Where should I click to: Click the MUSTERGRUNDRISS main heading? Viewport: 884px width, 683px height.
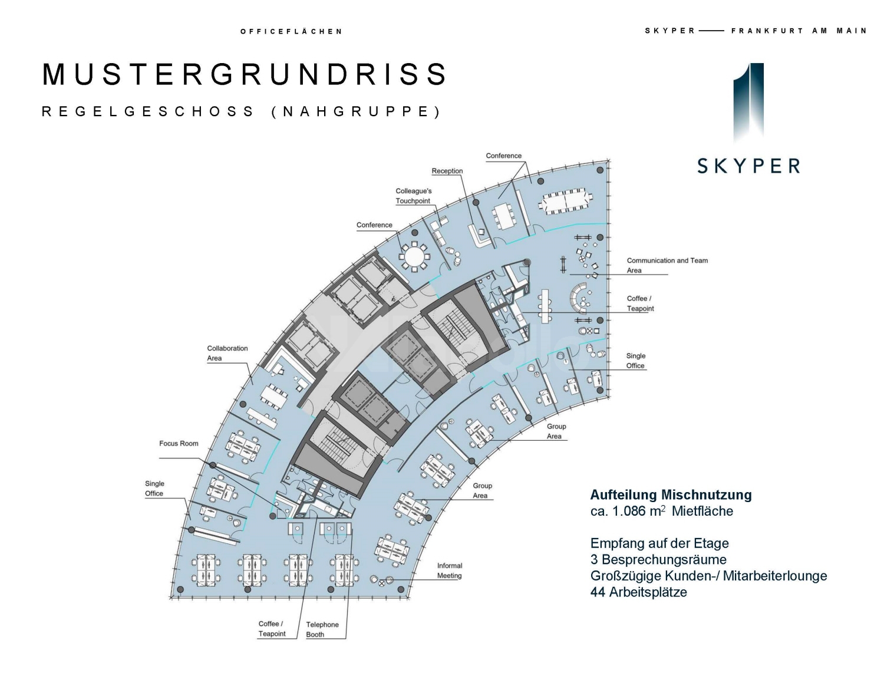245,74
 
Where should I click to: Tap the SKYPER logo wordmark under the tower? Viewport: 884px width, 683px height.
748,166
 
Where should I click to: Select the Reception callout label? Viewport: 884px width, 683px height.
447,171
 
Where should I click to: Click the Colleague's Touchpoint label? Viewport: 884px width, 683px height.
413,196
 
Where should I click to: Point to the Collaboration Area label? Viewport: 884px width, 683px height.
227,353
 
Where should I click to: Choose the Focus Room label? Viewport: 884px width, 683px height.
179,443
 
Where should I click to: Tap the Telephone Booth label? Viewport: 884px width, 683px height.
322,629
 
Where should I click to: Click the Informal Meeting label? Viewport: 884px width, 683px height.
449,570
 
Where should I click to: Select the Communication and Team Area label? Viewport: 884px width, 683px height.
667,265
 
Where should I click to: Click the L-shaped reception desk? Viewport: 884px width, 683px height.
479,237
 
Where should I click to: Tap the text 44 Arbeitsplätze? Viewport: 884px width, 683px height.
638,592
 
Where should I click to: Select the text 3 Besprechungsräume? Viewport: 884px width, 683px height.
658,559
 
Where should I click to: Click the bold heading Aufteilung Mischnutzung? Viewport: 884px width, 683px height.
671,494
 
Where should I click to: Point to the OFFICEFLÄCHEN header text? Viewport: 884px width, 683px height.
291,31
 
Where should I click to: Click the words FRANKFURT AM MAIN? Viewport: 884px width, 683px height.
799,31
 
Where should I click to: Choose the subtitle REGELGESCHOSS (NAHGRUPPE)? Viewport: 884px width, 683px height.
241,111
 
